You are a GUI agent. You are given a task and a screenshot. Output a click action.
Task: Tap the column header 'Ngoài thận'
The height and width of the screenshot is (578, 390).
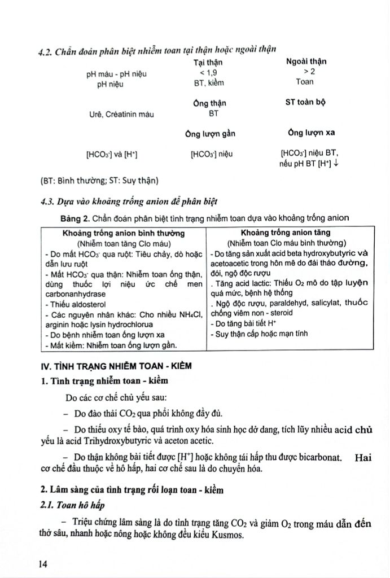click(306, 62)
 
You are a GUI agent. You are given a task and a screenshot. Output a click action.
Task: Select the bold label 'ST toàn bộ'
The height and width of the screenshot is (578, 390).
click(305, 103)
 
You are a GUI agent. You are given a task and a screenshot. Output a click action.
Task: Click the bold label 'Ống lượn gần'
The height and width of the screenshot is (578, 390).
click(210, 134)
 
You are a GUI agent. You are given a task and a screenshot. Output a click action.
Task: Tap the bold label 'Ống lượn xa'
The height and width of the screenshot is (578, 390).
click(311, 133)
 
